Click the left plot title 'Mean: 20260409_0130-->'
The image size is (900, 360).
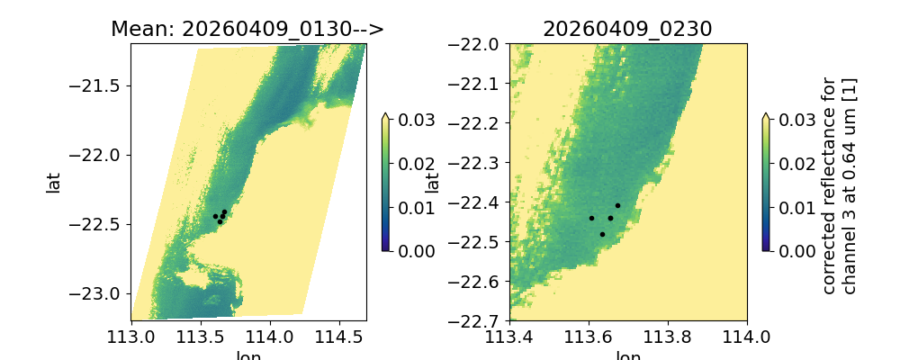247,29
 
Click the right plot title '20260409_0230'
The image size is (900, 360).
627,29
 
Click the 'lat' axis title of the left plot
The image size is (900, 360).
54,182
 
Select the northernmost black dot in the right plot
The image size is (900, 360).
617,206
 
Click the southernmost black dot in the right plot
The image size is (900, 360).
602,234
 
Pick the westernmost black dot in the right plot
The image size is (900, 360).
591,218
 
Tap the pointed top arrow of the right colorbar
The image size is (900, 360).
766,116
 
